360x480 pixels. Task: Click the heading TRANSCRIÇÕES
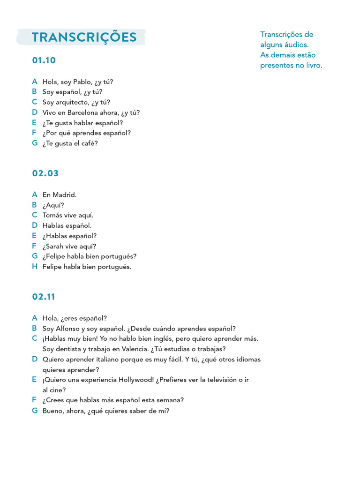(84, 37)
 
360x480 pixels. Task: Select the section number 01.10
(44, 60)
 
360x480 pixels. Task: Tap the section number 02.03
(45, 173)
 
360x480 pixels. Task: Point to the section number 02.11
(44, 297)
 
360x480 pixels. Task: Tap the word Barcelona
(82, 112)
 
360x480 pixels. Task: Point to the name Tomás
(52, 215)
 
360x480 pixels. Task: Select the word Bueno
(52, 411)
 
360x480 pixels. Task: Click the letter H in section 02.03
(35, 267)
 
